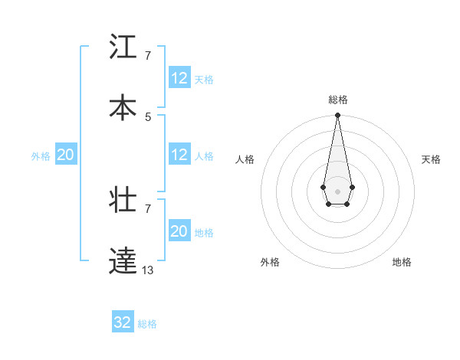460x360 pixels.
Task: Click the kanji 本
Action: tap(123, 107)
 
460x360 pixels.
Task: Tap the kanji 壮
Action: tap(123, 201)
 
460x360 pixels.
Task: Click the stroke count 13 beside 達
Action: tap(147, 270)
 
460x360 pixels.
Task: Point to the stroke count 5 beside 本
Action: tap(148, 116)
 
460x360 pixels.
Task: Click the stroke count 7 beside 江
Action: tap(148, 55)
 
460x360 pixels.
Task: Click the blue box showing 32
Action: tap(123, 322)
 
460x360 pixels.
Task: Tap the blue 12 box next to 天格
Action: tap(179, 78)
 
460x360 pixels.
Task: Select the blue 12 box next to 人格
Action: tap(179, 155)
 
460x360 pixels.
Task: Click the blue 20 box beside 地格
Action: tap(179, 231)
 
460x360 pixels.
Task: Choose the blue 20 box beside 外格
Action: tap(65, 155)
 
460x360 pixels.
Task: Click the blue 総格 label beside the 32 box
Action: tap(147, 324)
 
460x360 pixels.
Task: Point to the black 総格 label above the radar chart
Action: tap(337, 100)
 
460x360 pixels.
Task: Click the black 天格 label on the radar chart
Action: tap(431, 159)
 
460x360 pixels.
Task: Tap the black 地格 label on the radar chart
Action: tap(402, 262)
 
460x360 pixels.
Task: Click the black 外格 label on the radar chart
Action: tap(270, 262)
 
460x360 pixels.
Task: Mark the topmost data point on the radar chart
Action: tap(337, 115)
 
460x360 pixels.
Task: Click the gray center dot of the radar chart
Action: tap(337, 190)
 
